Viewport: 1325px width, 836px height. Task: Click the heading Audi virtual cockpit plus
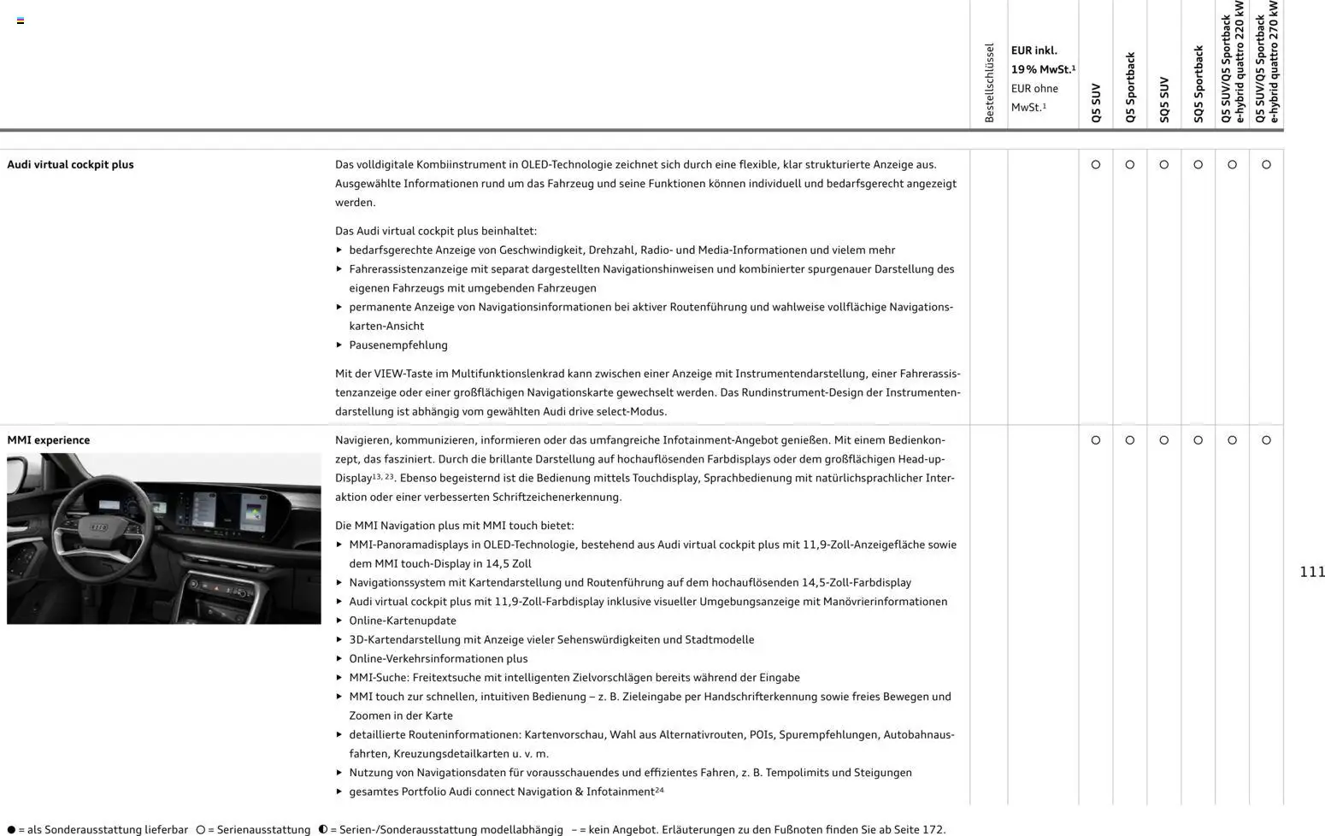pos(70,165)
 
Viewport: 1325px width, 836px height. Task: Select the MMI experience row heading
pos(49,440)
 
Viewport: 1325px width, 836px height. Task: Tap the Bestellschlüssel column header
pos(989,83)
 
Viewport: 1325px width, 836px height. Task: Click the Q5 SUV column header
pos(1096,103)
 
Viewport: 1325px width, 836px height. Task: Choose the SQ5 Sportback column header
pos(1198,85)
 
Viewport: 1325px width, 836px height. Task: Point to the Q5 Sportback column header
pos(1130,88)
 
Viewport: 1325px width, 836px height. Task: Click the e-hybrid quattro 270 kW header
pos(1266,62)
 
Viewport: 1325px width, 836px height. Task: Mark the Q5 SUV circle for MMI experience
pos(1096,440)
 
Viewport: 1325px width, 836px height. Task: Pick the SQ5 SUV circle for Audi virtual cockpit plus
pos(1164,165)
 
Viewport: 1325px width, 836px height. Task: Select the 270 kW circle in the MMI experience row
pos(1266,440)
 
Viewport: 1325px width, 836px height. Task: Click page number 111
pos(1311,572)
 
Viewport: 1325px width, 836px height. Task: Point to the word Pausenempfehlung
pos(398,345)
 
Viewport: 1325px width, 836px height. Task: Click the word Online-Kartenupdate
pos(403,621)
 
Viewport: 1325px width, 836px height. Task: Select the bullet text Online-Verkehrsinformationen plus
pos(439,659)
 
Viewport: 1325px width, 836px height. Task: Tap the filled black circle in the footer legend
pos(11,830)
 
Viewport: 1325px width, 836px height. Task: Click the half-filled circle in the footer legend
pos(323,830)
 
